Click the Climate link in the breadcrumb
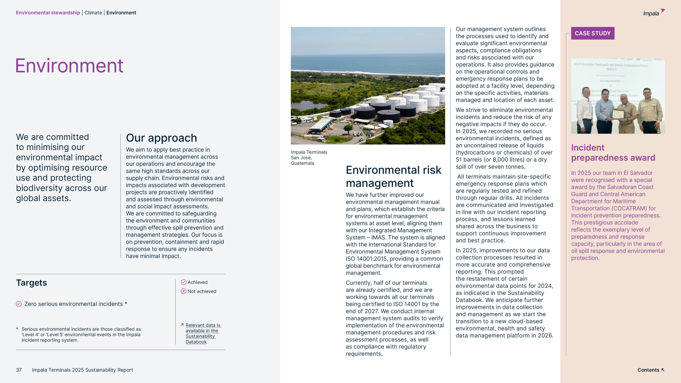click(x=93, y=13)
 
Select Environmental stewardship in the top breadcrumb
click(x=48, y=13)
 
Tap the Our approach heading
click(x=161, y=138)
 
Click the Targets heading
click(x=31, y=282)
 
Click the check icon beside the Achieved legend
click(x=184, y=282)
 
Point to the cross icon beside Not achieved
click(x=184, y=291)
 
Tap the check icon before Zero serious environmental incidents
click(x=19, y=304)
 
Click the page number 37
click(x=19, y=370)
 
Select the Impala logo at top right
click(x=653, y=13)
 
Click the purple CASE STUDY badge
click(x=592, y=33)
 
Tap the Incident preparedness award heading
click(x=613, y=153)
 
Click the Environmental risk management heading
click(x=393, y=176)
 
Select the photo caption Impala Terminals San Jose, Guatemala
click(x=309, y=157)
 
